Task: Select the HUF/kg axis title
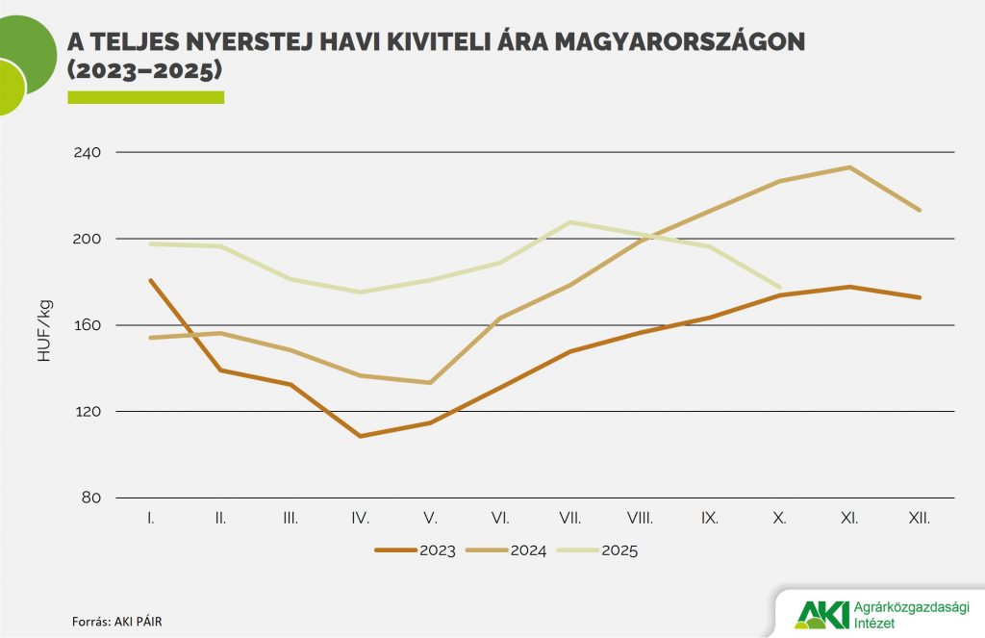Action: pyautogui.click(x=45, y=330)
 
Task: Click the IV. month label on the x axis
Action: pyautogui.click(x=361, y=518)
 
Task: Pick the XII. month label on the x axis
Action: pyautogui.click(x=920, y=518)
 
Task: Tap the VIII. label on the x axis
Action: pyautogui.click(x=640, y=518)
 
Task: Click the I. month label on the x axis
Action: pyautogui.click(x=151, y=518)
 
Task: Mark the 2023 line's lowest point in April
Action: pyautogui.click(x=361, y=436)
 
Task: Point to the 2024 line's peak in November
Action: pyautogui.click(x=849, y=167)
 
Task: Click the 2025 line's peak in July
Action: pyautogui.click(x=570, y=222)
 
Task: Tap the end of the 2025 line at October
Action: pyautogui.click(x=779, y=287)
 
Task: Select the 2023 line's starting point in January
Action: pyautogui.click(x=151, y=280)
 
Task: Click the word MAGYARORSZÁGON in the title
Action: pyautogui.click(x=676, y=41)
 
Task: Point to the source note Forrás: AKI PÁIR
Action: pyautogui.click(x=111, y=621)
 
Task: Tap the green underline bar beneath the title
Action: pyautogui.click(x=145, y=97)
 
